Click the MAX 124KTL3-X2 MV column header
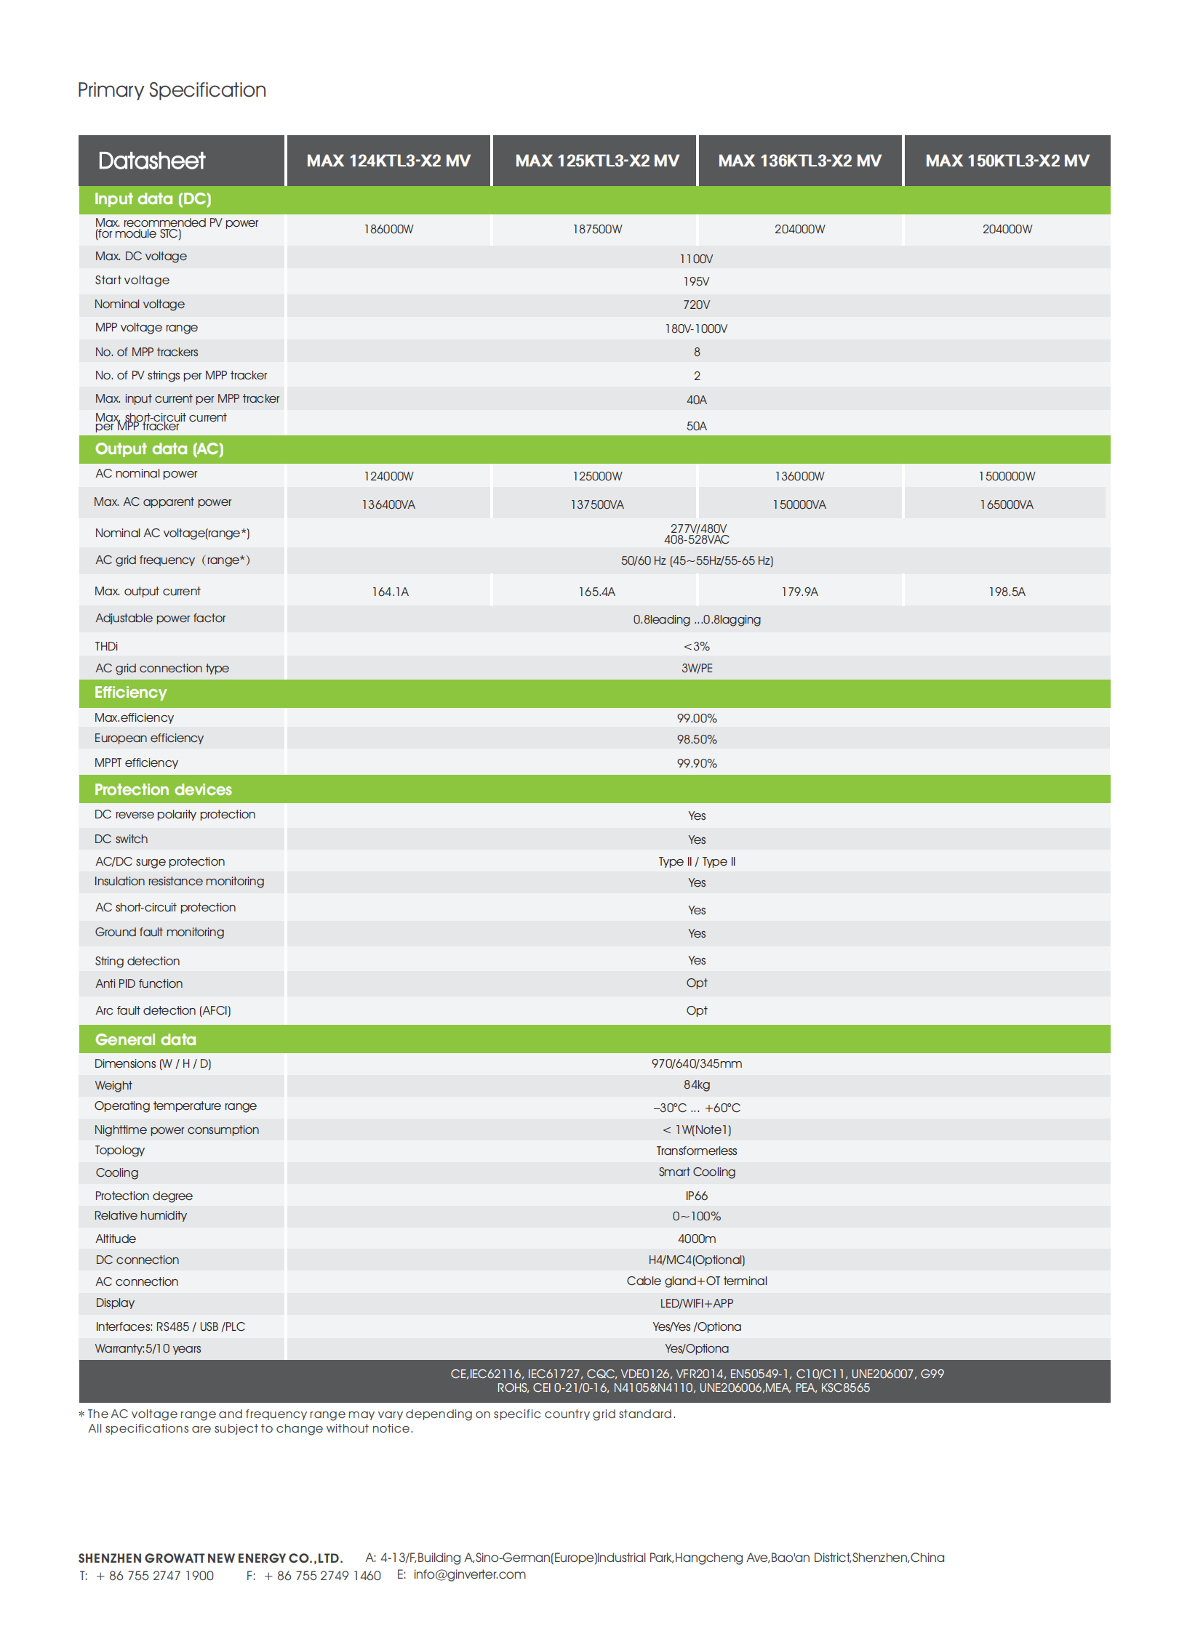[x=388, y=161]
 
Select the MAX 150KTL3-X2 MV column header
[x=1007, y=161]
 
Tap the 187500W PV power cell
[x=596, y=229]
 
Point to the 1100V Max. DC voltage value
[x=695, y=259]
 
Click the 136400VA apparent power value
[x=388, y=504]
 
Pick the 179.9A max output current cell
[x=799, y=592]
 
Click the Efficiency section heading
[x=130, y=692]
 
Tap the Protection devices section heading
[x=163, y=789]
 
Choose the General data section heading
[x=145, y=1039]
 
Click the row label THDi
[x=106, y=646]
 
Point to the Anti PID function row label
[x=139, y=983]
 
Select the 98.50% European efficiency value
[x=696, y=739]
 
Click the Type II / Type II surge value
[x=696, y=862]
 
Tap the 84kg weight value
[x=696, y=1084]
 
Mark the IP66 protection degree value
[x=696, y=1196]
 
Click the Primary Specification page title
[x=172, y=89]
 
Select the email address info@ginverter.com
[x=469, y=1574]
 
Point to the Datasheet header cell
[x=151, y=161]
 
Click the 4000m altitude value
[x=696, y=1239]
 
